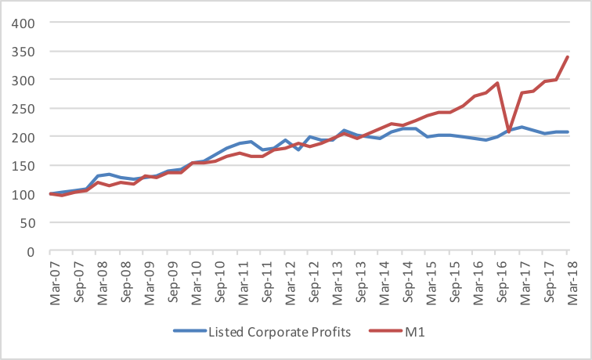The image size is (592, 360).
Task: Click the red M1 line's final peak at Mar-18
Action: pyautogui.click(x=568, y=56)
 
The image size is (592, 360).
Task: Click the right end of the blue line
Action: pyautogui.click(x=568, y=131)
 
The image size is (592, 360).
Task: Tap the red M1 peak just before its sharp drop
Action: pyautogui.click(x=498, y=83)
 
